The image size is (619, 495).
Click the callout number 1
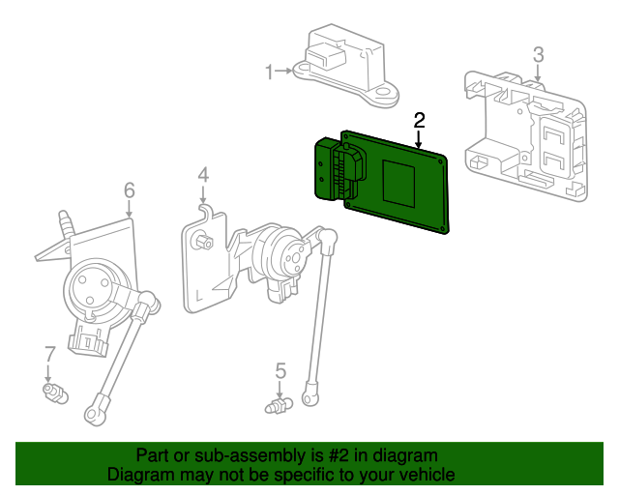(271, 71)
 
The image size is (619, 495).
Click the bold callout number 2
(419, 121)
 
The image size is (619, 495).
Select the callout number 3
(538, 54)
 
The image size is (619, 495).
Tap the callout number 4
(203, 175)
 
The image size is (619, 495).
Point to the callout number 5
(280, 370)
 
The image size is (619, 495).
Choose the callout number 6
(130, 190)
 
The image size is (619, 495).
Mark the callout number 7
(48, 354)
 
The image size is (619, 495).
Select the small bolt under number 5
(278, 406)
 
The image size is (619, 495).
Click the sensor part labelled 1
(346, 66)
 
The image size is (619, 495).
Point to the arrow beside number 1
(288, 71)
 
